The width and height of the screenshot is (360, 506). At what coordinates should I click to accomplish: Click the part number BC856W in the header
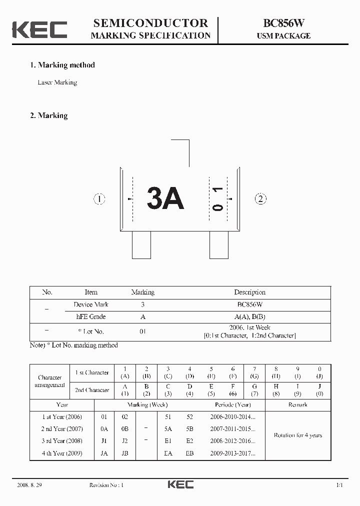point(283,23)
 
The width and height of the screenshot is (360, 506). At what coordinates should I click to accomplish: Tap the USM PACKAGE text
point(283,36)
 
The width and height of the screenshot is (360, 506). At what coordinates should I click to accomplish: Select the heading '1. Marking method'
point(62,65)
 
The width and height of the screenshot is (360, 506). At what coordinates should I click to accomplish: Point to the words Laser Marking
point(57,82)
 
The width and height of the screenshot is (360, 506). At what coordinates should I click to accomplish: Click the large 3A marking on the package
point(165,199)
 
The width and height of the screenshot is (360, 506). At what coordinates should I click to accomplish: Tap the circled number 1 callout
point(100,199)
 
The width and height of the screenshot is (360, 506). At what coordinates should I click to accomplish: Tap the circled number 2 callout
point(260,199)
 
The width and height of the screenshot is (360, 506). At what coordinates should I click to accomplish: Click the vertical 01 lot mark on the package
point(217,199)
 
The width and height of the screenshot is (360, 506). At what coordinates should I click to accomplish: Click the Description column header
point(249,292)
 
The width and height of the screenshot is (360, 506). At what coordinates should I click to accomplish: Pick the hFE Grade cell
point(90,316)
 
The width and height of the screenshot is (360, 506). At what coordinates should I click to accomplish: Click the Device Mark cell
point(90,304)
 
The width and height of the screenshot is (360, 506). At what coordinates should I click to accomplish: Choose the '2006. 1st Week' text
point(249,327)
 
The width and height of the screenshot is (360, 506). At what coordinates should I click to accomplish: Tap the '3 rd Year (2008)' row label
point(62,441)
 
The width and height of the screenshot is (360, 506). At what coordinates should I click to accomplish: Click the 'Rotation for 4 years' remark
point(297,435)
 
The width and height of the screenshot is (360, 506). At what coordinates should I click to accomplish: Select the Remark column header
point(297,404)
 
